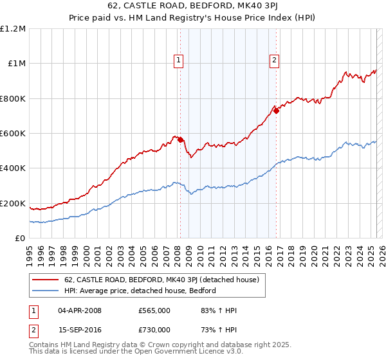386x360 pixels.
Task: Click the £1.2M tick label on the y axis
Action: pos(13,29)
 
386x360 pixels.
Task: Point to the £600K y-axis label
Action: pos(13,134)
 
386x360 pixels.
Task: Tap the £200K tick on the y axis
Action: pos(13,204)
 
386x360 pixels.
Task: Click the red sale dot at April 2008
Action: pos(180,139)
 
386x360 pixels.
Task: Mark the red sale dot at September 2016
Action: pos(276,111)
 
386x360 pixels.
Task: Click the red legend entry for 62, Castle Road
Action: pos(161,280)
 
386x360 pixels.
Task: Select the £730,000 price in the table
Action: pos(154,330)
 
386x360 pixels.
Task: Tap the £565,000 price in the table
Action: pos(154,311)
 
